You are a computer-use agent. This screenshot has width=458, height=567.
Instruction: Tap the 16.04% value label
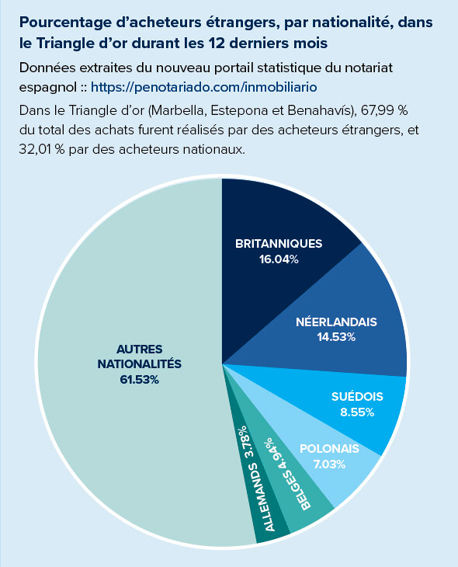pos(279,259)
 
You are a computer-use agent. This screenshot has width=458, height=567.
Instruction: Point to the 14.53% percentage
pos(336,336)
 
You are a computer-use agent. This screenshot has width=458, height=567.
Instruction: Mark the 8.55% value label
pos(357,412)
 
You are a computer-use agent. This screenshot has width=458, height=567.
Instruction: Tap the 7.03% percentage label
pos(329,463)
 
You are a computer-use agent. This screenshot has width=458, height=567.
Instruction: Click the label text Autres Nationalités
pos(139,356)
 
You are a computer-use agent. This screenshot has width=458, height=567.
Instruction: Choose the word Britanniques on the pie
pos(279,243)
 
